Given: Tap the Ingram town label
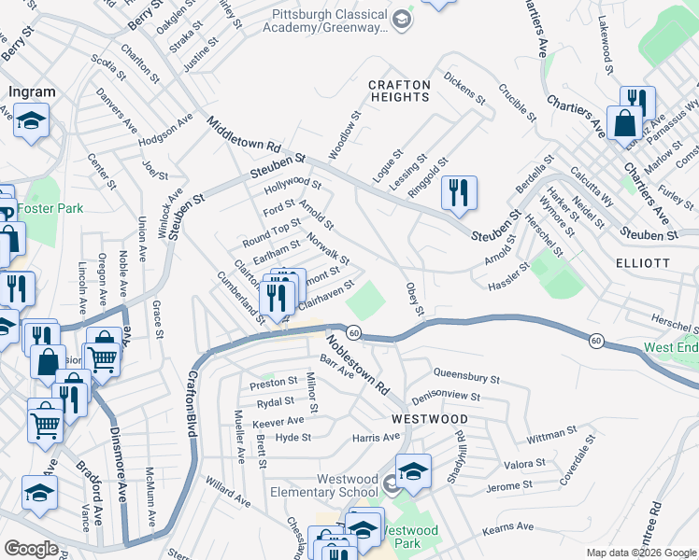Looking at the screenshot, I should click(x=32, y=92).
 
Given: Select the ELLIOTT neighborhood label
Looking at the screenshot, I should click(x=643, y=263).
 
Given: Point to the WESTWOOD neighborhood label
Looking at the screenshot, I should click(x=429, y=419).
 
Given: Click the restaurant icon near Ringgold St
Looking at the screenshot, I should click(x=459, y=193).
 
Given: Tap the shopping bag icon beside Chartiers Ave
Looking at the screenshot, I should click(x=623, y=122).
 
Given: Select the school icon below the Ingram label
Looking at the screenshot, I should click(x=31, y=121).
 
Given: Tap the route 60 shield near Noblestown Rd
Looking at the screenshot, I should click(x=353, y=332).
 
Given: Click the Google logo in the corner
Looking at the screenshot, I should click(x=31, y=549).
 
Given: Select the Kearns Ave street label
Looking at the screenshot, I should click(x=506, y=529).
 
